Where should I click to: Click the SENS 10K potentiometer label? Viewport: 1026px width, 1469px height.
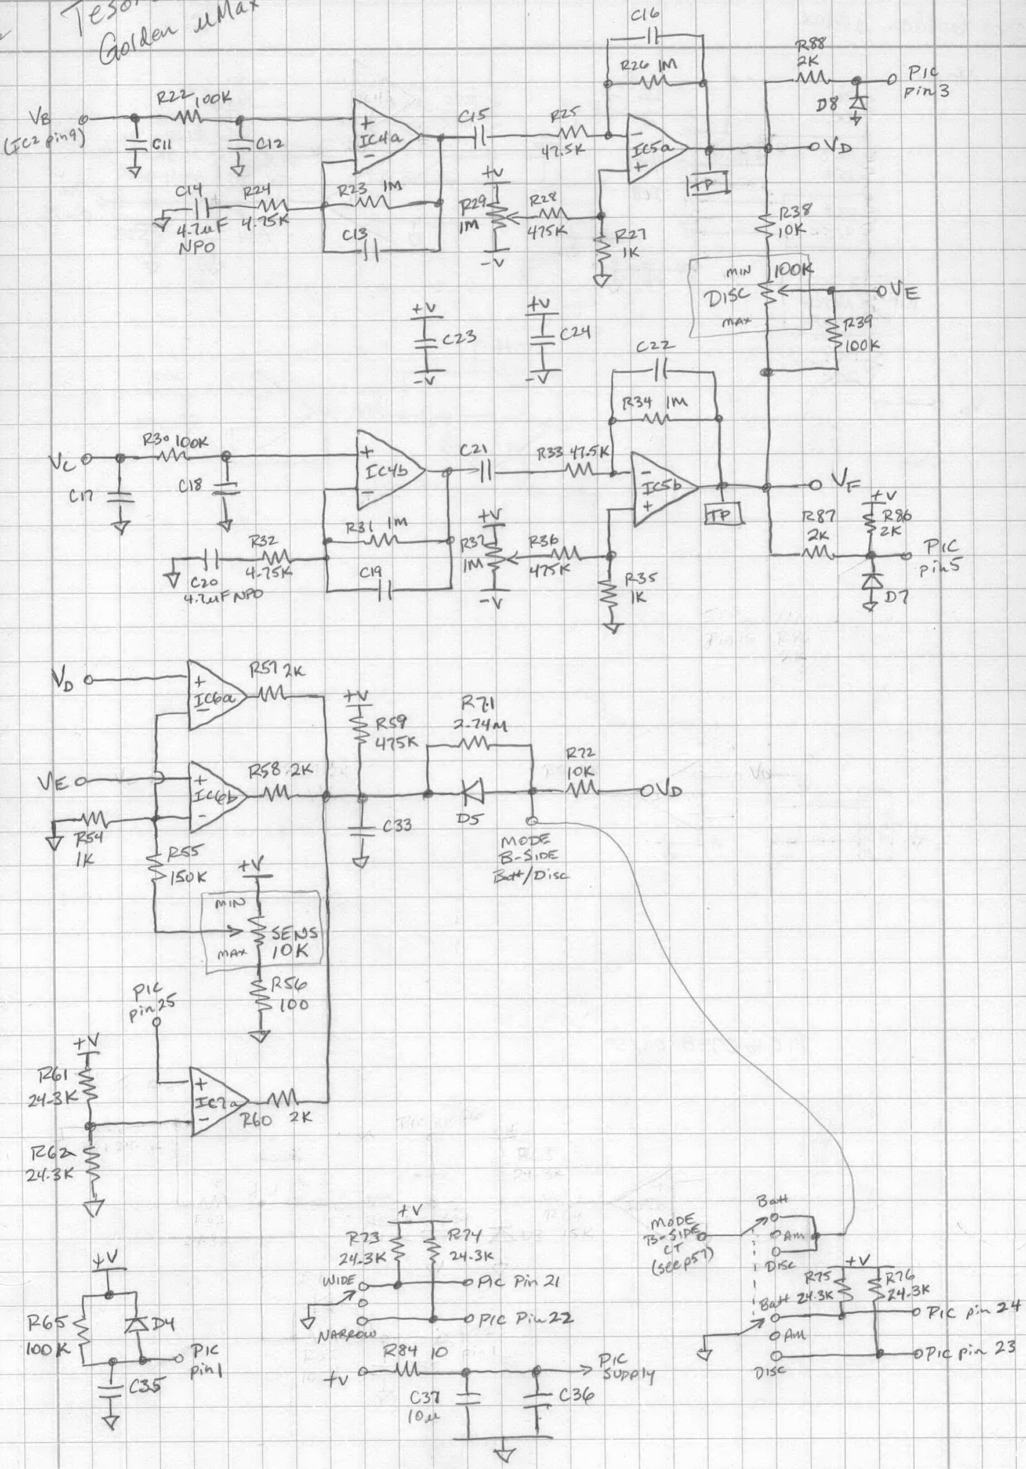point(291,942)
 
